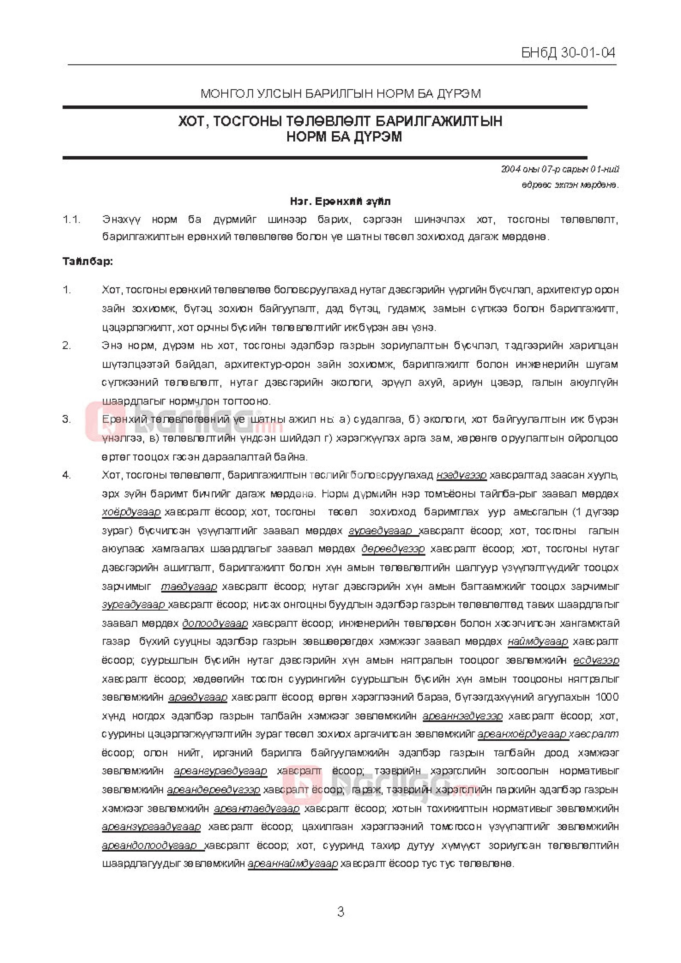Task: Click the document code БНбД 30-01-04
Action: (568, 53)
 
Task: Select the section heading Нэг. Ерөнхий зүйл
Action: (340, 201)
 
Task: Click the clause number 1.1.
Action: (71, 219)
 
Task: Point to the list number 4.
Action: (67, 475)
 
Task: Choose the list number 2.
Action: (67, 346)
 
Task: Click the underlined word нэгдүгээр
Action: (461, 475)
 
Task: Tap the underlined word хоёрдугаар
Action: (131, 512)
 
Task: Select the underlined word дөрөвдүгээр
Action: (393, 549)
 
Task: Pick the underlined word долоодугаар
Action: (215, 623)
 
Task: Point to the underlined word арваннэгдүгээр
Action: (463, 716)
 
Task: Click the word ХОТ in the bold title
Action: (191, 122)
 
